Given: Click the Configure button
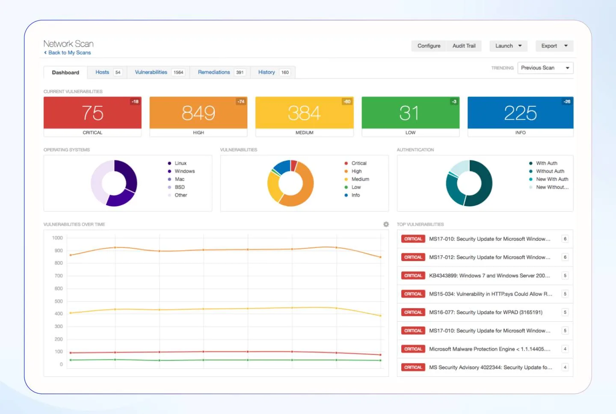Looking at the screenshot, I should (429, 46).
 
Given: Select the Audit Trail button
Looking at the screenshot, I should (464, 46).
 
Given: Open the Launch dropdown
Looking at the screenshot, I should (508, 46).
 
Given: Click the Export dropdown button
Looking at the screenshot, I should (554, 46).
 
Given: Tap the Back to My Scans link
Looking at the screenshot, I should (69, 53).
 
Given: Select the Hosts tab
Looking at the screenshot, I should (102, 72).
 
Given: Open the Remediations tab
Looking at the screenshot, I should (214, 72).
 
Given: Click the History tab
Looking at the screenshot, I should (267, 72).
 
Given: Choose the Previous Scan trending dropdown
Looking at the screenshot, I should (545, 68).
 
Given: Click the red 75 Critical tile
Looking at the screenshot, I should (92, 113).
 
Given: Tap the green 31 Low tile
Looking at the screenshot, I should (410, 113).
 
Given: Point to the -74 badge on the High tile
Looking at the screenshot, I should (241, 102).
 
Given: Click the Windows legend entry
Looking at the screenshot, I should (184, 171).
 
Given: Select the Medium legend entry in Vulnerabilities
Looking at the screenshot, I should (360, 179).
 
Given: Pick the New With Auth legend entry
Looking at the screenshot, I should (552, 179).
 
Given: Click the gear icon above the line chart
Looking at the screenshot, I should (386, 224).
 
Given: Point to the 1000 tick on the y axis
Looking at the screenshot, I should (57, 238).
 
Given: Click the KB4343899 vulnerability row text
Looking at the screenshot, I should (489, 276).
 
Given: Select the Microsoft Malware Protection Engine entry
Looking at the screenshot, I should (489, 349).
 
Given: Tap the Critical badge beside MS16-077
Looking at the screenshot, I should (413, 312).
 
